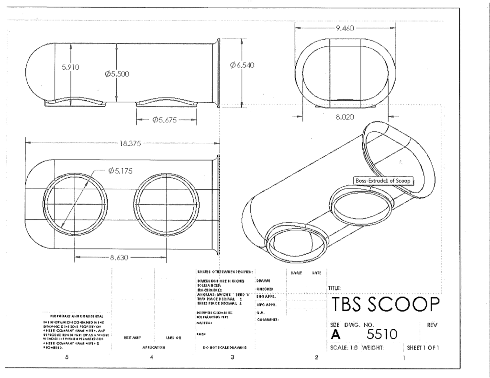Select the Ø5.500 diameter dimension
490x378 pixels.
click(x=117, y=74)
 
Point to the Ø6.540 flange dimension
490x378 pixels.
click(x=242, y=65)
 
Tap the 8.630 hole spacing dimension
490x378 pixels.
click(x=120, y=258)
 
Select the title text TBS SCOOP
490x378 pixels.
click(x=384, y=304)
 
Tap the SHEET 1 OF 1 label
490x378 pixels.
click(x=422, y=347)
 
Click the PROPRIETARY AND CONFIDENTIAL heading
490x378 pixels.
click(x=74, y=316)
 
